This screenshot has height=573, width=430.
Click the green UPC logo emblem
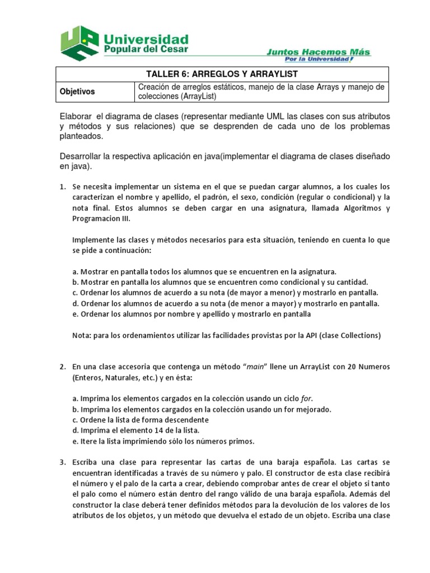point(80,43)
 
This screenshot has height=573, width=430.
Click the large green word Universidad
point(145,39)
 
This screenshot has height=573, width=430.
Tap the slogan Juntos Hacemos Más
point(318,52)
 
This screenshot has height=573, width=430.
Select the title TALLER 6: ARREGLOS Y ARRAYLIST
point(222,74)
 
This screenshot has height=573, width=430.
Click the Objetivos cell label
point(77,91)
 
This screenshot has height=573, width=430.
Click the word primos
point(241,441)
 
